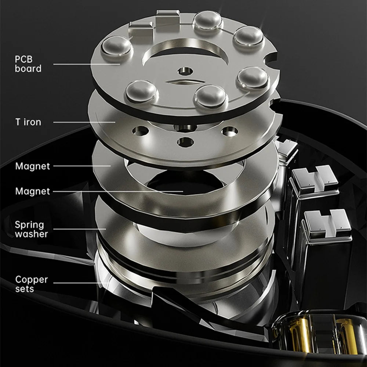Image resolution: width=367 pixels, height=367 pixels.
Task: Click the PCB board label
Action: coord(28,64)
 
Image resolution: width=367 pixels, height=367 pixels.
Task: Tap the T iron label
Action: coord(28,122)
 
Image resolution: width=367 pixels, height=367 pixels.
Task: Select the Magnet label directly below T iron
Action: coord(33,166)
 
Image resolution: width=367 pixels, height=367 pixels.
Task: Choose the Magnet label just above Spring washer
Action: coord(33,191)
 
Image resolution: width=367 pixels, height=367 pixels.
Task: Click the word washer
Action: coord(31,234)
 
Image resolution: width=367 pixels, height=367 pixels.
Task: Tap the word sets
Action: coord(25,289)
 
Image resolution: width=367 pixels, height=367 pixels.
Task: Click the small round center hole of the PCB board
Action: coord(185,71)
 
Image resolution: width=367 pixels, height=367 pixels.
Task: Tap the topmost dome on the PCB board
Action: coord(208,21)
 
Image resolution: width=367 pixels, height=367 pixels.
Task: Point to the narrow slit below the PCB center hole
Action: coord(185,82)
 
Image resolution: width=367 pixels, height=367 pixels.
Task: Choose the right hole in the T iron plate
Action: coord(230,131)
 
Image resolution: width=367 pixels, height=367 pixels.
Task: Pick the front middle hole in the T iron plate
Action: coord(186,142)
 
